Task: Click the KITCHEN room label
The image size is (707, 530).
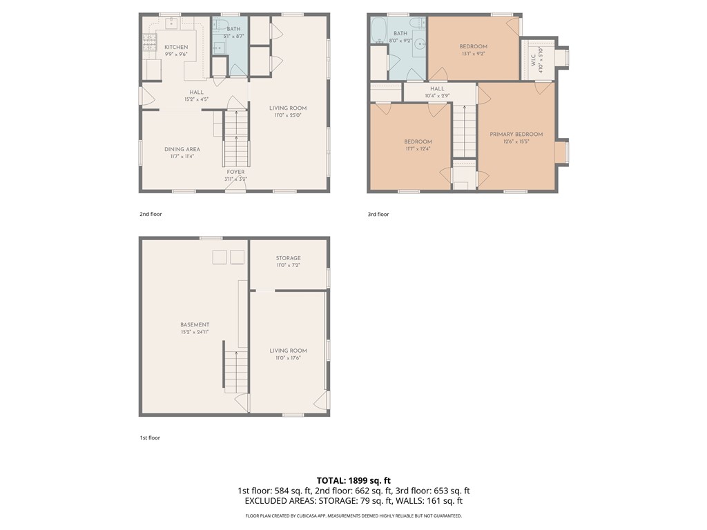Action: point(175,47)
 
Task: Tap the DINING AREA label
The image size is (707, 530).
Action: point(182,149)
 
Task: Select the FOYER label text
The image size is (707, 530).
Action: point(235,172)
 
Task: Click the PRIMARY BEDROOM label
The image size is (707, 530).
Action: point(516,135)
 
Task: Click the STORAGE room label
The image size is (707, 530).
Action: point(288,258)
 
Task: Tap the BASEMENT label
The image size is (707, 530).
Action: point(195,324)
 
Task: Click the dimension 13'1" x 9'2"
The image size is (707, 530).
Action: point(474,54)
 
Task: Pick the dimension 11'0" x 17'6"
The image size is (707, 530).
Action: point(288,357)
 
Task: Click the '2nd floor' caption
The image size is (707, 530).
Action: point(151,214)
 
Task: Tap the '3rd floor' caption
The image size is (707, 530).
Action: point(378,214)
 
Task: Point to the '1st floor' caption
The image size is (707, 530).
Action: point(150,438)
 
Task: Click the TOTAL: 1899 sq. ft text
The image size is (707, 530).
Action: point(353,480)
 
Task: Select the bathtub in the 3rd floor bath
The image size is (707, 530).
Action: point(378,31)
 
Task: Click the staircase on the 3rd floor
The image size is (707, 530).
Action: point(464,131)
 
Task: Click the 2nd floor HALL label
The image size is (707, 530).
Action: point(197,92)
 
